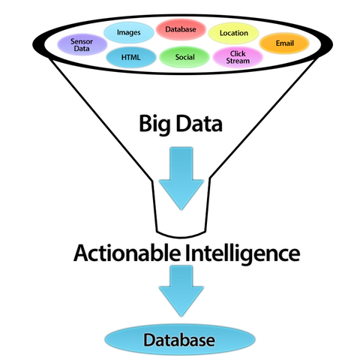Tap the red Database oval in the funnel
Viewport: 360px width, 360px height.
coord(180,29)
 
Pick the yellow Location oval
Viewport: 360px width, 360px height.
coord(234,33)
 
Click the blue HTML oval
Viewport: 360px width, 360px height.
coord(130,56)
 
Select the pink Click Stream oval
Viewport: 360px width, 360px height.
coord(238,57)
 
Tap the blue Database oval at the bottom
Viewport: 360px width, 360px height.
coord(180,340)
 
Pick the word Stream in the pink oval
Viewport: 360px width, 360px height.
coord(238,61)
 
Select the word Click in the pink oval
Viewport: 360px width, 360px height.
coord(238,52)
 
